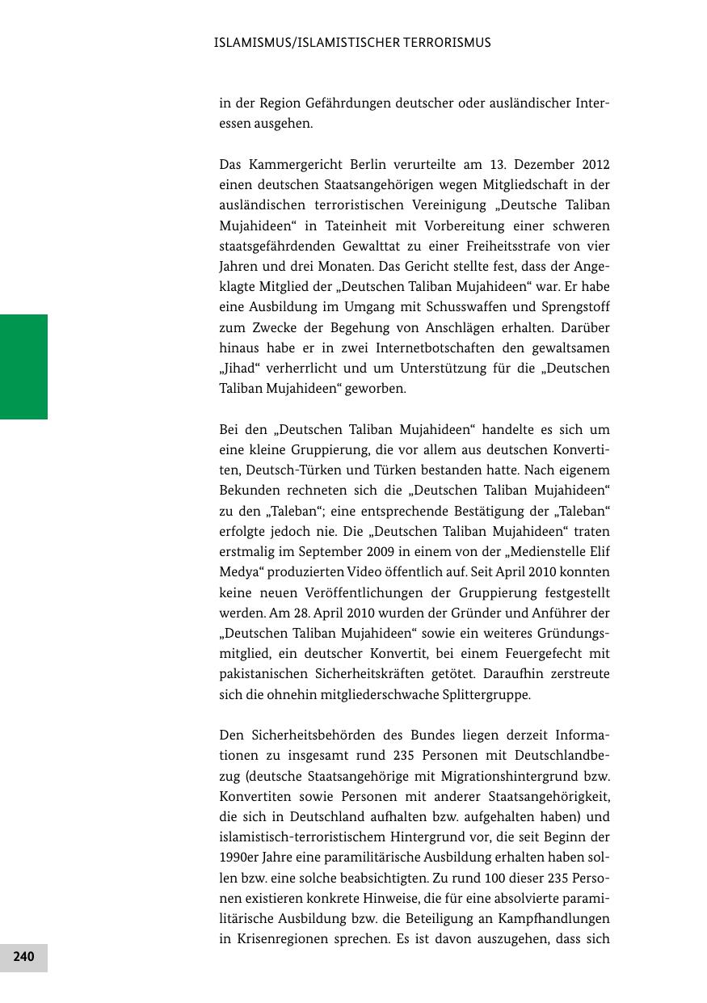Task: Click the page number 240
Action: [x=23, y=957]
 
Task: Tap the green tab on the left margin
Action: [x=23, y=366]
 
